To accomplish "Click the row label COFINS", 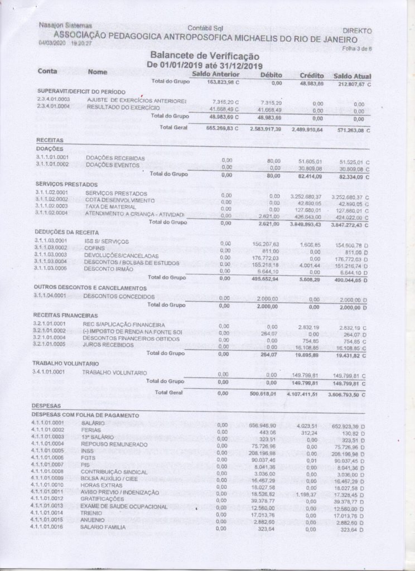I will pos(94,248).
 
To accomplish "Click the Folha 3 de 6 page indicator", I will pos(357,49).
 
